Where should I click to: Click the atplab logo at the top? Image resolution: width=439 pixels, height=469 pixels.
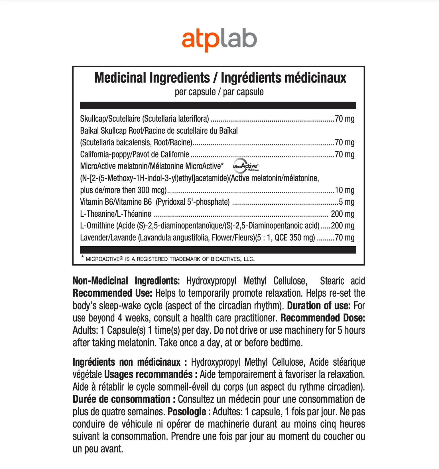pos(219,40)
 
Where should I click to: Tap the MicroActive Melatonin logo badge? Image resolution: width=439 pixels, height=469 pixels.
pos(246,166)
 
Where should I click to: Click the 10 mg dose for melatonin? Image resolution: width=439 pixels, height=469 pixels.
pos(344,190)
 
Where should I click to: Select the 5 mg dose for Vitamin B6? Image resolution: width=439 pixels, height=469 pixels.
pos(346,202)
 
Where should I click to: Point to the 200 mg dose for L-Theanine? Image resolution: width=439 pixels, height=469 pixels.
pos(342,214)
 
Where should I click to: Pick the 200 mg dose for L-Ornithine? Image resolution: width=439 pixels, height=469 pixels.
pos(342,226)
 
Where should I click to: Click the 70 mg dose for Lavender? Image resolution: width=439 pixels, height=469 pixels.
pos(344,238)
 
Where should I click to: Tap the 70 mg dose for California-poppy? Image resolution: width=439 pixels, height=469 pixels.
pos(344,154)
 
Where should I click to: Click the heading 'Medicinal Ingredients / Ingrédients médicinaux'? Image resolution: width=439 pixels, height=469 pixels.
pos(220,78)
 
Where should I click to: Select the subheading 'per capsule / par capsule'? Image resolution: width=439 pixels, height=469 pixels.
pos(219,92)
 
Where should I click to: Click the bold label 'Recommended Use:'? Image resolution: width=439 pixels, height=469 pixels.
pos(112,293)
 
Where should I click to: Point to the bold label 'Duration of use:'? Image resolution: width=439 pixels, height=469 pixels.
pos(318,306)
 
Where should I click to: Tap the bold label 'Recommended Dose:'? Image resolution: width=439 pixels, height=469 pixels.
pos(322,318)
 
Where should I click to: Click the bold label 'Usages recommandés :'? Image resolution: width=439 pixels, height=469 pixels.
pos(151,374)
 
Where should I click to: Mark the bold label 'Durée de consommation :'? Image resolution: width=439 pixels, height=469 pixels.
pos(124,399)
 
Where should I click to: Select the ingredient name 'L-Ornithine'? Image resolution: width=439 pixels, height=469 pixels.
pos(97,226)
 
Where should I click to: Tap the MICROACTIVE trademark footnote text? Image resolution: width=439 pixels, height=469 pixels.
pos(170,259)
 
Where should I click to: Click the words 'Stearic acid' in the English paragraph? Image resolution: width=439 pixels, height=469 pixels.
pos(342,281)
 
